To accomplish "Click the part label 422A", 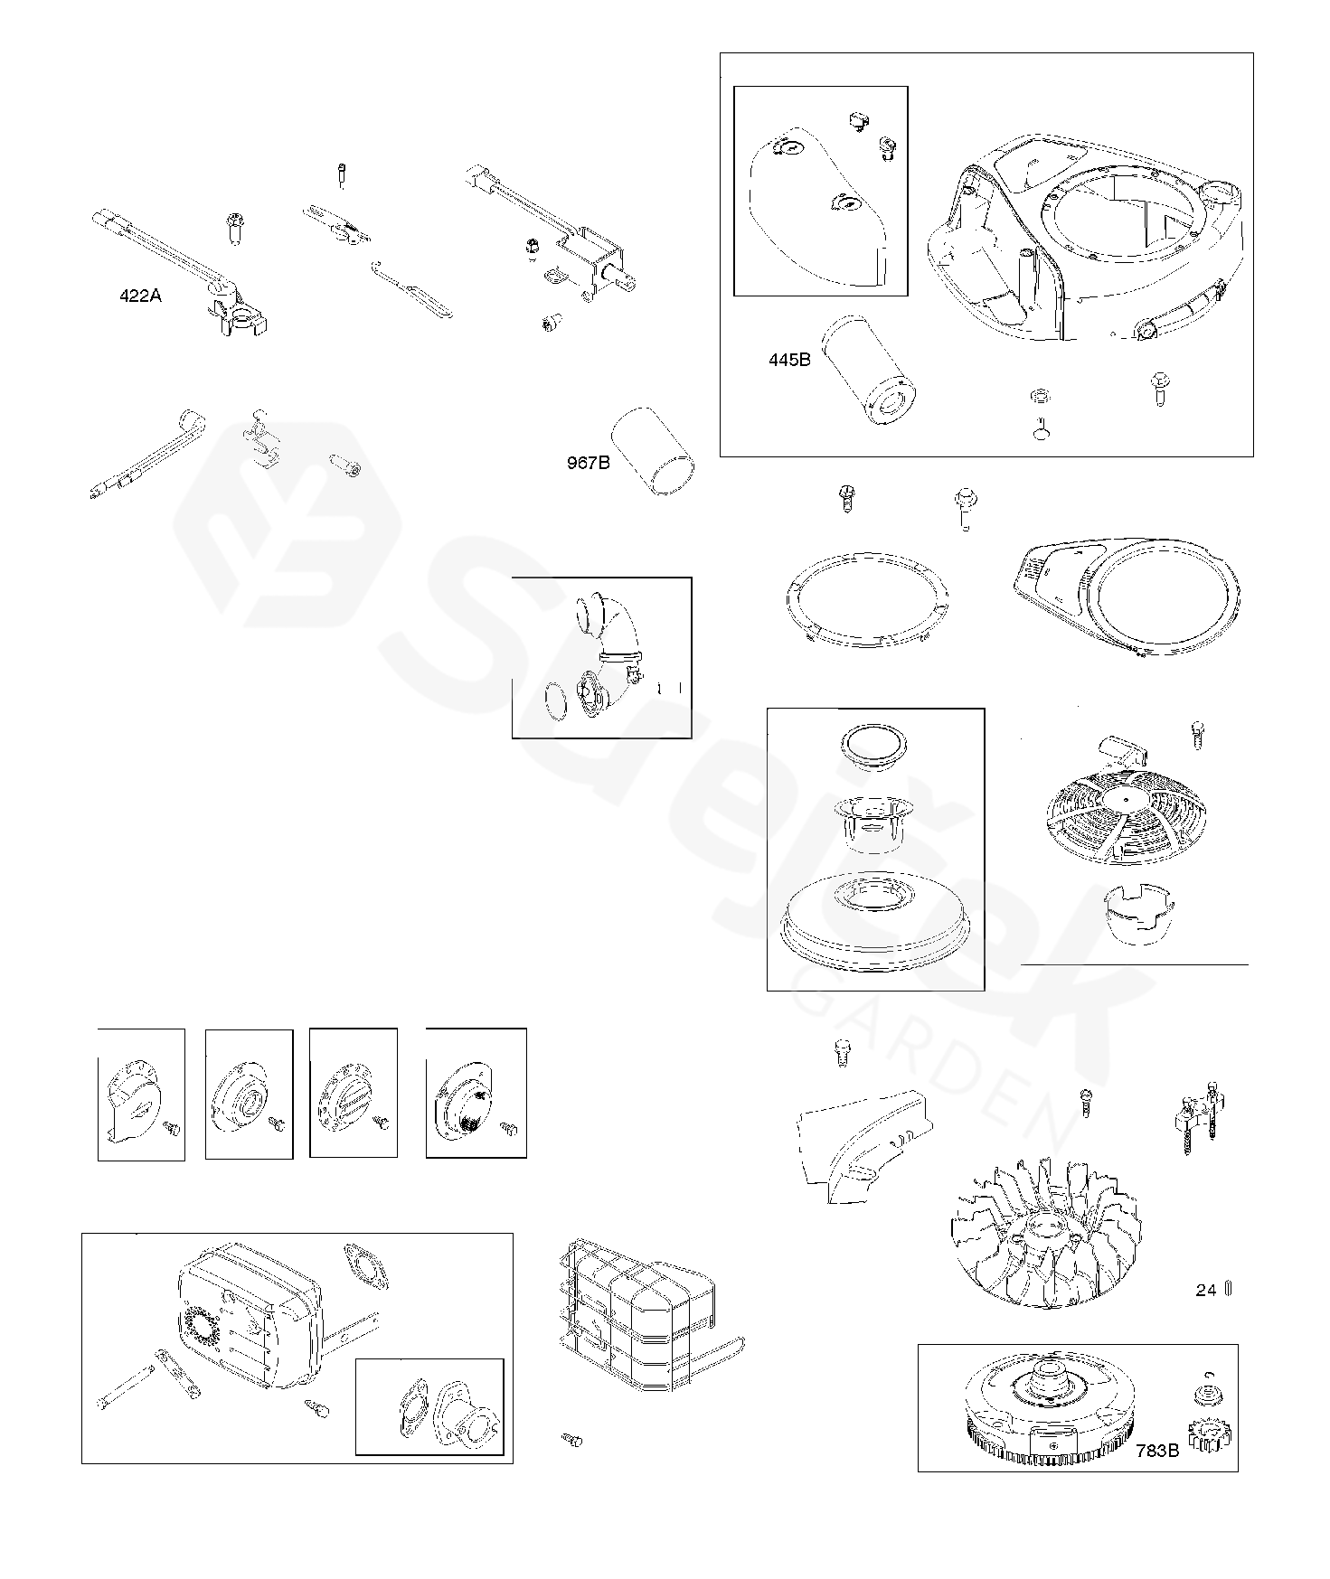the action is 140,296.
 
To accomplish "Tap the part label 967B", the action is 588,464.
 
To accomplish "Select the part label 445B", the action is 789,360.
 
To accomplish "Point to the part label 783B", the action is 1157,1451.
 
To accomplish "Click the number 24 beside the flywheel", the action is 1206,1291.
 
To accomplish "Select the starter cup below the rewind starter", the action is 1137,914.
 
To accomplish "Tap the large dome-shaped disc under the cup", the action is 873,924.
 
